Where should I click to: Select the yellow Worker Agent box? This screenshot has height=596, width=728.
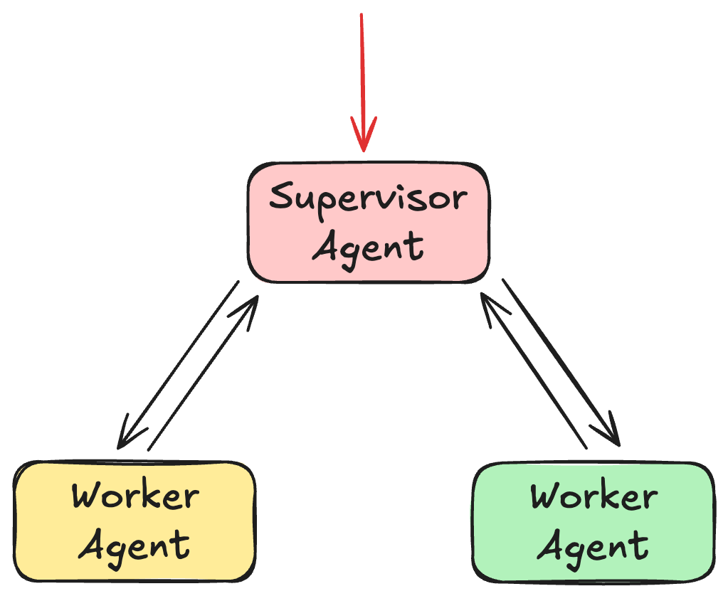tap(134, 521)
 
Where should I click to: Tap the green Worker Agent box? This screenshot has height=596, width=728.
tap(593, 521)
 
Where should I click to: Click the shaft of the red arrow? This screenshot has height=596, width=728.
tap(362, 71)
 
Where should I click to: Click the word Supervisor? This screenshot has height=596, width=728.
tap(368, 198)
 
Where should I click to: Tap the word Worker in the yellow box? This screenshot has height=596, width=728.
tap(135, 496)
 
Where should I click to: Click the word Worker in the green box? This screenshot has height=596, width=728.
tap(594, 496)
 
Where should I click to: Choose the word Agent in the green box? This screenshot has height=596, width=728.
tap(593, 546)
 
